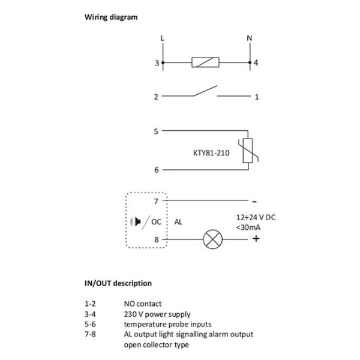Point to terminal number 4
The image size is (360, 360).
pos(256,62)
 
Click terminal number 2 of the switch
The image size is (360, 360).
pos(156,96)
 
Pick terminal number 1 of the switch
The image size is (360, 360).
pos(256,96)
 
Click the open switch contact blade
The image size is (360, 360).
pos(202,92)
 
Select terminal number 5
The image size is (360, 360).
pos(156,130)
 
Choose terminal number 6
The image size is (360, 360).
pos(156,170)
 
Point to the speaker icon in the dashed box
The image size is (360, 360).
pos(137,221)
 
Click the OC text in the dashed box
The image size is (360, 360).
pos(157,221)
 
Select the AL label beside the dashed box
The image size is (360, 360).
pos(178,221)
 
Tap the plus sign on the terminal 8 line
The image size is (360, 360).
pos(256,239)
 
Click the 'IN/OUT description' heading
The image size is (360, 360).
pos(117,283)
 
